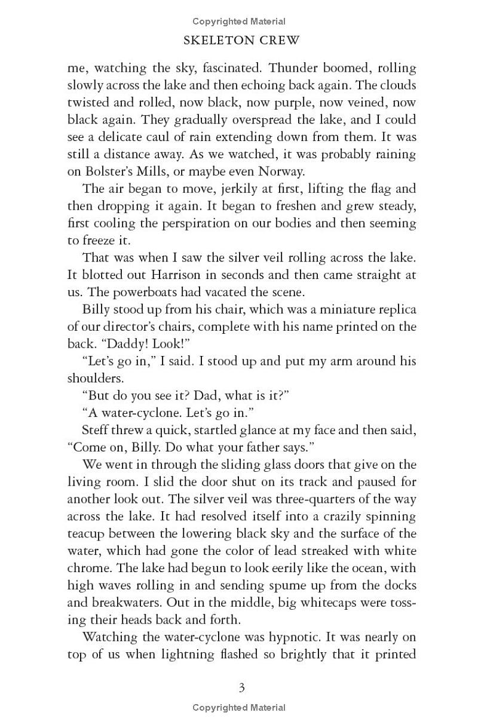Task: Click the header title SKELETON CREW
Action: tap(242, 41)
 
